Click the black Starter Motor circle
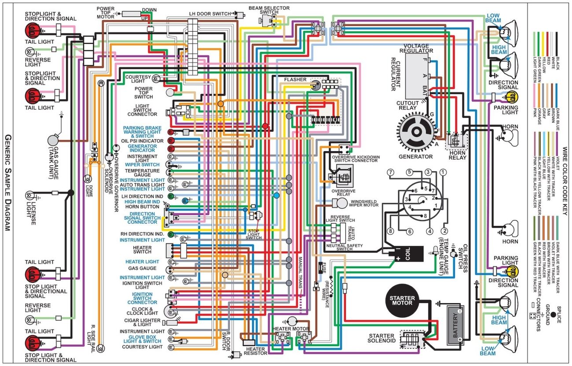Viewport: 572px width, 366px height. click(x=402, y=300)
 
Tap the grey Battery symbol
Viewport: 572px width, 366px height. click(x=455, y=325)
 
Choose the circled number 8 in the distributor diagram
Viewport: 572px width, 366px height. click(x=390, y=231)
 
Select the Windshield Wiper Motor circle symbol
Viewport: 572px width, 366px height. click(x=342, y=203)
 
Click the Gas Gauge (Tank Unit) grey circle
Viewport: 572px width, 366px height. click(x=53, y=140)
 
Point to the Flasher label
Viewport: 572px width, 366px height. click(x=295, y=80)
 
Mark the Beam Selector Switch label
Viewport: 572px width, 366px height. click(x=269, y=10)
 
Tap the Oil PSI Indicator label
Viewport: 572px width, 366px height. click(x=142, y=141)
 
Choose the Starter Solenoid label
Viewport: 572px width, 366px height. click(x=381, y=338)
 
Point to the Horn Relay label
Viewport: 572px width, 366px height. click(x=458, y=155)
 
